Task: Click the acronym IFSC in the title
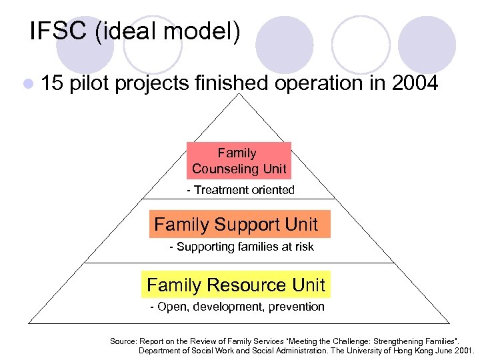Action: pos(59,31)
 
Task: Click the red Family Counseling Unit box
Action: pos(239,161)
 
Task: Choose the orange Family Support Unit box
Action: pos(239,224)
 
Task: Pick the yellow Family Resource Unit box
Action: pos(237,285)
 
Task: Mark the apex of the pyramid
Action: pos(239,95)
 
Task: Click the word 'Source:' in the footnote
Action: pos(123,341)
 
